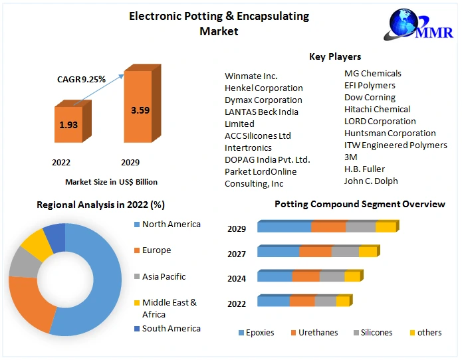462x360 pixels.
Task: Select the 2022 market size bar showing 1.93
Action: pos(67,124)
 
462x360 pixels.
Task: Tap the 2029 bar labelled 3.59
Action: pos(140,110)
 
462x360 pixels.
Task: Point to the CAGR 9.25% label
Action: pos(81,79)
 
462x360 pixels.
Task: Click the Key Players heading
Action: pos(335,57)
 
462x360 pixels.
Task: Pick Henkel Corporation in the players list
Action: pos(263,88)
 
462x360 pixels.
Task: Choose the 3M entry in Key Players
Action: pos(351,157)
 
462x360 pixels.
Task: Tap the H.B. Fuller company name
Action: pos(364,169)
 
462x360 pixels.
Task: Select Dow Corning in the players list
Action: pos(370,98)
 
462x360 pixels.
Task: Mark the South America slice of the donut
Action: pos(55,239)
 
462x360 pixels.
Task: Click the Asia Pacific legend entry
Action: pos(164,276)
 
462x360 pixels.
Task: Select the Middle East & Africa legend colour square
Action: pos(136,303)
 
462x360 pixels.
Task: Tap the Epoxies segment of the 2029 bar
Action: pos(284,227)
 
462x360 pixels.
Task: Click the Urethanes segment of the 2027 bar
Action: pos(315,252)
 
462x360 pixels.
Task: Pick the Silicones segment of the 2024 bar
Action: pos(332,276)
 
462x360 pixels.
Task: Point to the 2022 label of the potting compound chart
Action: pos(237,304)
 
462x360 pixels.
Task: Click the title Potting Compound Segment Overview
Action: pos(360,204)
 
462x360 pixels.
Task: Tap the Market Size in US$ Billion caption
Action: pos(111,181)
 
